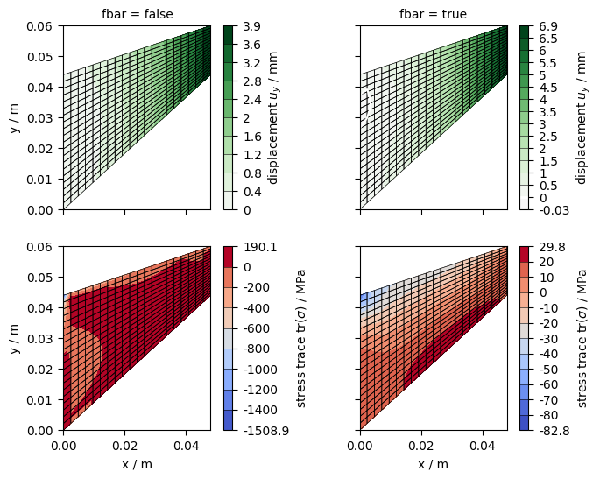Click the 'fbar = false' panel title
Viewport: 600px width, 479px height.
point(136,14)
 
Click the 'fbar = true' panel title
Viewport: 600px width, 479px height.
point(433,14)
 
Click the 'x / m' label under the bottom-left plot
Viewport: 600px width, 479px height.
point(136,464)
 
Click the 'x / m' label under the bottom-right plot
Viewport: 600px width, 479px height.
point(433,464)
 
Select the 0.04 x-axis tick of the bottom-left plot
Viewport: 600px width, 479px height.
point(186,447)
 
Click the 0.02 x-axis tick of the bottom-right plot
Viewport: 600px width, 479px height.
point(421,447)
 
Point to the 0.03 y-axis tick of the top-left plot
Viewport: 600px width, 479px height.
point(43,118)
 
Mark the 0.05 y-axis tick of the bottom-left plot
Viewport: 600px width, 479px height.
point(43,278)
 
